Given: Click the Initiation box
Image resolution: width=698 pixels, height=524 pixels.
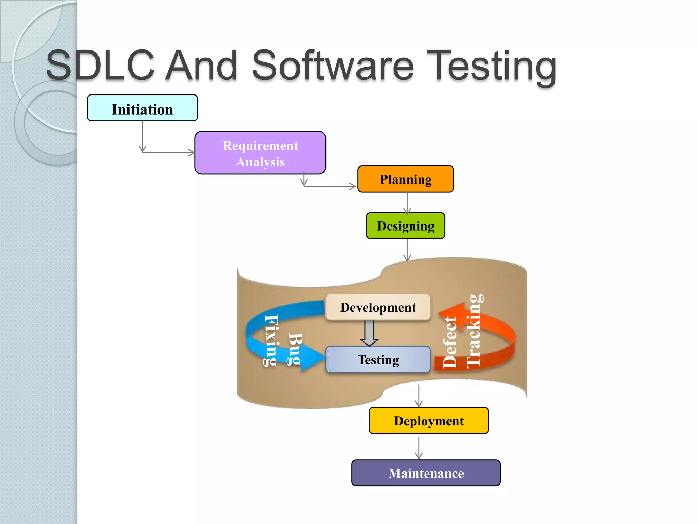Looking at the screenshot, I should pos(142,108).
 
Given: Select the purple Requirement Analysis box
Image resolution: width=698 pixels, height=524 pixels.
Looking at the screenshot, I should pos(260,153).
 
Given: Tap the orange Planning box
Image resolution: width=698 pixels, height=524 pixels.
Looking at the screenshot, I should pos(406,179).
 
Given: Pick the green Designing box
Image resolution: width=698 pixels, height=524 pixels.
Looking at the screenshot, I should pos(406,226).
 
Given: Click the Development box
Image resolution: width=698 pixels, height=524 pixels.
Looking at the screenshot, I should pos(378,307).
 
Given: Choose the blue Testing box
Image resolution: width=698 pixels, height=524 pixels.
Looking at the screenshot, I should pos(378,360).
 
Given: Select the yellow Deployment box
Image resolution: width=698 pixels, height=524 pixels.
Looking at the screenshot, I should pos(429,421).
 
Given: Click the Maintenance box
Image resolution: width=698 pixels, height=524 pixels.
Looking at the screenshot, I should pos(426,473).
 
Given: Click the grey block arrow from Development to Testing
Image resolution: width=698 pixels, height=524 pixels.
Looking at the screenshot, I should pos(369,333).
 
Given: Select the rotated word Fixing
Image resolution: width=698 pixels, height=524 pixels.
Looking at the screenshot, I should pos(271,340).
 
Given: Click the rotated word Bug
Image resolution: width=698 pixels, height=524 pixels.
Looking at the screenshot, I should pos(295,349).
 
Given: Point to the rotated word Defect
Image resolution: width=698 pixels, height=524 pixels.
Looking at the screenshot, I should pos(450,342).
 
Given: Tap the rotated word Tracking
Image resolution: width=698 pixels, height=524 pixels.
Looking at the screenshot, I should pos(474,331).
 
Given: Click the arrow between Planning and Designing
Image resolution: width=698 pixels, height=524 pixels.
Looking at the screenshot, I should pos(407,203).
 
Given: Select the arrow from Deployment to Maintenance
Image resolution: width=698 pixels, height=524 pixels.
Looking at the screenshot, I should pos(419,448).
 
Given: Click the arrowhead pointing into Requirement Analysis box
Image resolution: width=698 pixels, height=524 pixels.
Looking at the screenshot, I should pos(191,152).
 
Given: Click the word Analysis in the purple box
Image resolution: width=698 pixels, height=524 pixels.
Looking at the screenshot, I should pos(260,162).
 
